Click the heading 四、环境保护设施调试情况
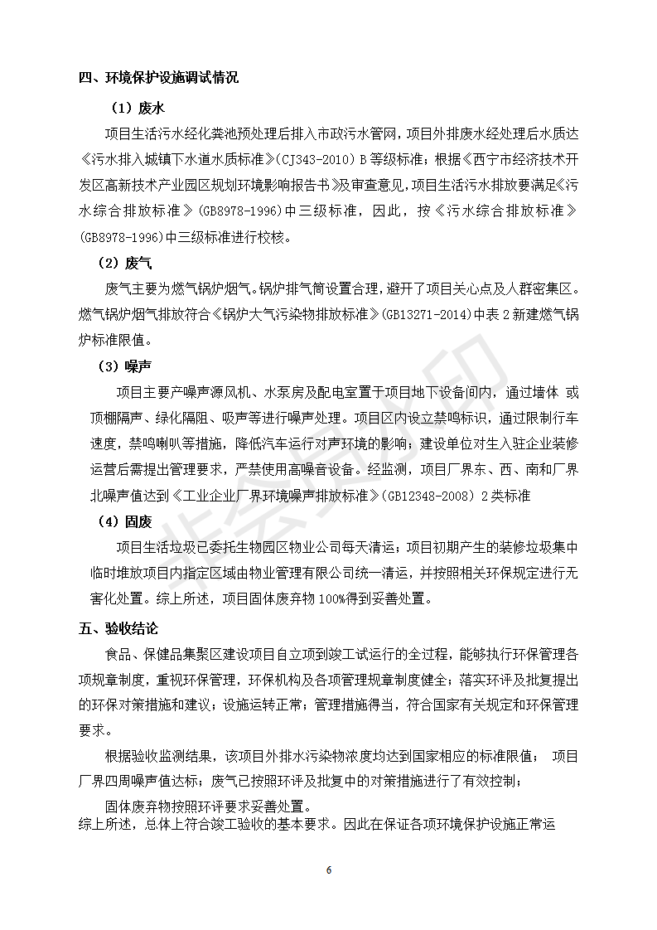[x=158, y=79]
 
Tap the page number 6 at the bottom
[x=329, y=870]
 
